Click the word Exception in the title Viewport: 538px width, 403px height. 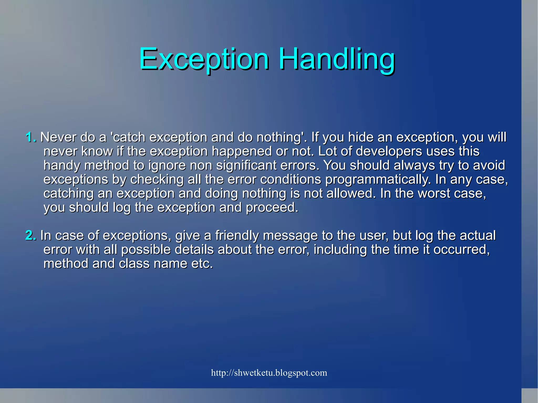(204, 59)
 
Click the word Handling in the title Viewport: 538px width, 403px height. (337, 59)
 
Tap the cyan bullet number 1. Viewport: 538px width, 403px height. (31, 137)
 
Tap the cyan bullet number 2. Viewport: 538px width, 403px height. (31, 235)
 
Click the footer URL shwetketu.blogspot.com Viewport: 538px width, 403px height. (269, 373)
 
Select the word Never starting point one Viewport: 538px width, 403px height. (58, 137)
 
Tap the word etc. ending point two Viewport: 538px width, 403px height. (202, 264)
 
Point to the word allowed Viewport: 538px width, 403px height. (349, 193)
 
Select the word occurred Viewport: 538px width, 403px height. (461, 249)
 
